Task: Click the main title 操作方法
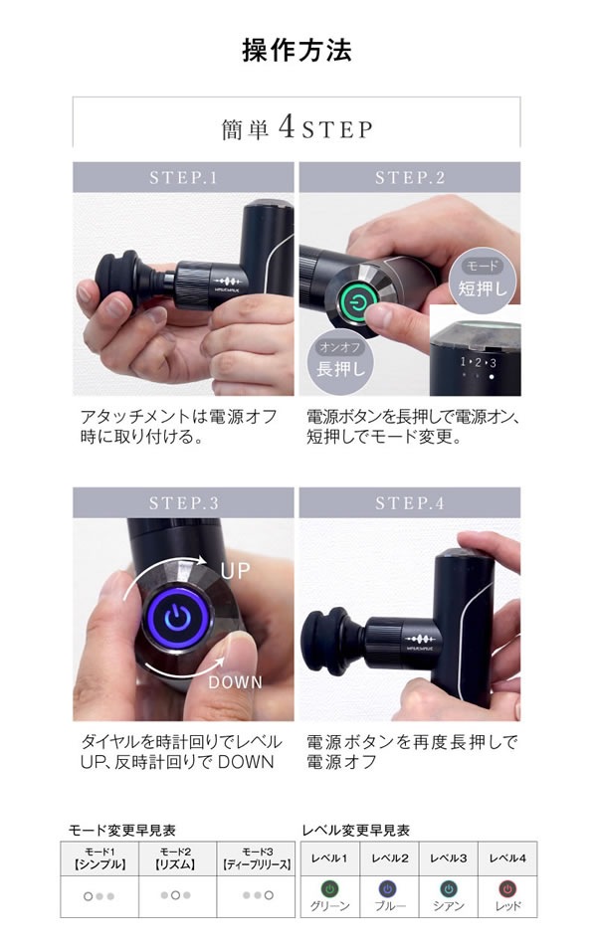[x=298, y=50]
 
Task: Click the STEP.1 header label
[x=183, y=177]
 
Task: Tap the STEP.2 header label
[x=409, y=177]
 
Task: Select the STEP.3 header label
[x=183, y=502]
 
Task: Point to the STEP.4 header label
[x=409, y=502]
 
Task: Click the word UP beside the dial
[x=236, y=573]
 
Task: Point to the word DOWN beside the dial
[x=236, y=682]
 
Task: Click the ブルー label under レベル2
[x=389, y=906]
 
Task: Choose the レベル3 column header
[x=448, y=857]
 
